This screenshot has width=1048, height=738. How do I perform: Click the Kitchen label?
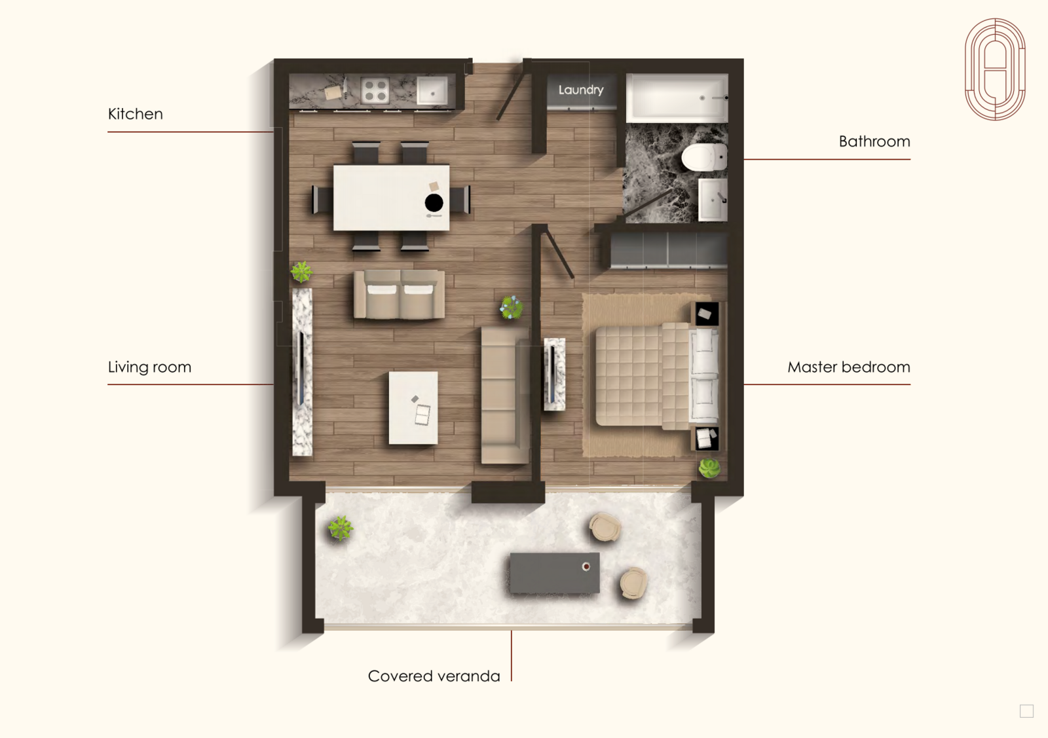coord(135,114)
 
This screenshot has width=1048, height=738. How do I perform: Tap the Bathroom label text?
coord(874,141)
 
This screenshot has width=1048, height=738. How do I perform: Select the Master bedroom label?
coord(849,367)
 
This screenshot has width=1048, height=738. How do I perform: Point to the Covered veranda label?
coord(434,676)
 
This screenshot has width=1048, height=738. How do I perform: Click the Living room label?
coord(150,367)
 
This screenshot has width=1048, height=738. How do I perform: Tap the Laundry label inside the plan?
coord(580,90)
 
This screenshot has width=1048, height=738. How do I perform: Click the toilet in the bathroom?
coord(703,157)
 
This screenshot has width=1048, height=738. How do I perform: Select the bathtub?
coord(677,98)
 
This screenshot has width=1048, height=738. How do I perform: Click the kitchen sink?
coord(432,90)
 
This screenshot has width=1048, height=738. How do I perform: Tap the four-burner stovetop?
coord(375,91)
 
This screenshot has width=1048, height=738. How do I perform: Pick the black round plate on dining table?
coord(434,203)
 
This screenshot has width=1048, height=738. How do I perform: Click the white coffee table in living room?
coord(413,408)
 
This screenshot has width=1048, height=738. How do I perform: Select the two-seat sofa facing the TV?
coord(399,295)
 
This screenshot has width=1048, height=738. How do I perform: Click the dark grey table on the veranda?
coord(554,573)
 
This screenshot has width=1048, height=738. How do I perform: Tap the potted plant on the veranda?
coord(340,528)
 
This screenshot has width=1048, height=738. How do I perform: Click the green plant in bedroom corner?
coord(709,468)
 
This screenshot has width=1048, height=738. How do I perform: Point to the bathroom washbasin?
coord(713,200)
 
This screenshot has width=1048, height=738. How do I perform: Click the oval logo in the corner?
coord(995,69)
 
